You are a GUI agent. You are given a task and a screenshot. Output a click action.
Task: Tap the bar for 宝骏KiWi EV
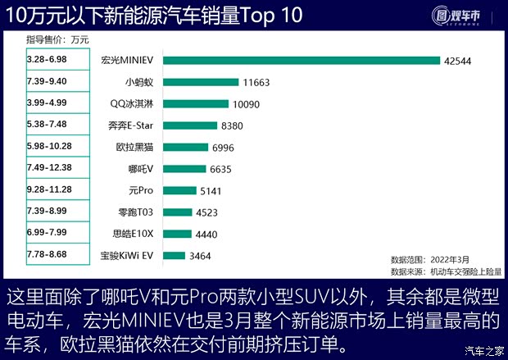173,255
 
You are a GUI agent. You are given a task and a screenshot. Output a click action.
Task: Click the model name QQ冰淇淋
133,104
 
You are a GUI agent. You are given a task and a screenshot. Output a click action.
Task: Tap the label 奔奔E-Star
131,125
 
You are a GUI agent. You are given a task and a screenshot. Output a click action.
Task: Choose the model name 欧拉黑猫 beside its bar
133,148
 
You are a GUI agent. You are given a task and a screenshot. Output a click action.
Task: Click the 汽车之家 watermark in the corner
483,351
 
